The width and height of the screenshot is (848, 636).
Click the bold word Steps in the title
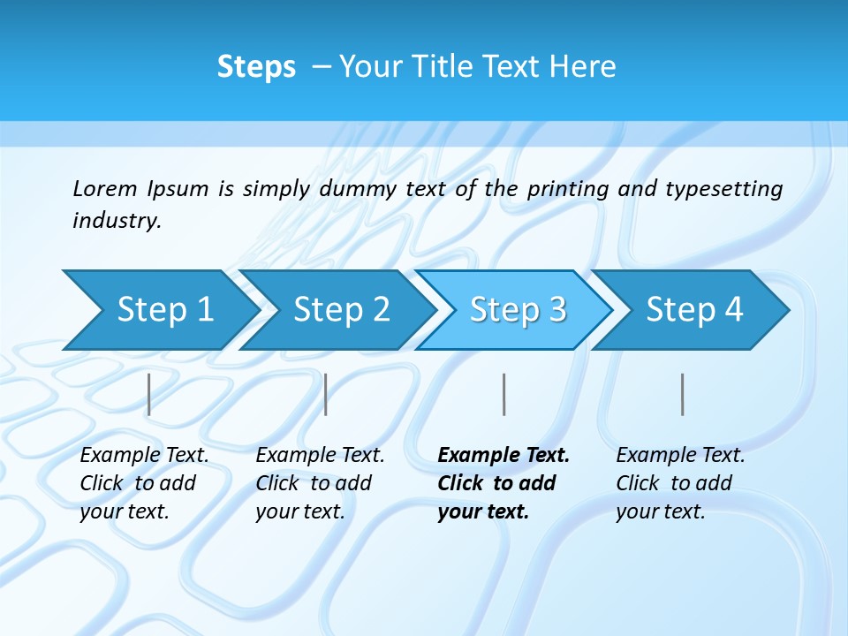[256, 66]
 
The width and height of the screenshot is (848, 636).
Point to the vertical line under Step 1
[149, 394]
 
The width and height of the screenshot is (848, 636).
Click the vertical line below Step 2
[326, 394]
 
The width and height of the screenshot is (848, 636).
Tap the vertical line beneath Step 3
[503, 394]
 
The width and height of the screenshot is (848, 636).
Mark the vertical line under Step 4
[682, 394]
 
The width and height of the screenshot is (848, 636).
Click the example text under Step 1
[144, 483]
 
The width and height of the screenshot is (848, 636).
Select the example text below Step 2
[320, 483]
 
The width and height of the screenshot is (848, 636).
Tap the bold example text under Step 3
[503, 483]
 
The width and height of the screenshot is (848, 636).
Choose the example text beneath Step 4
[679, 483]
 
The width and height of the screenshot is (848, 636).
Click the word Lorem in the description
[104, 188]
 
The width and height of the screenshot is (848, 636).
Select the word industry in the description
[116, 221]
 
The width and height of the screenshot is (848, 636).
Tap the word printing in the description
[568, 189]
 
